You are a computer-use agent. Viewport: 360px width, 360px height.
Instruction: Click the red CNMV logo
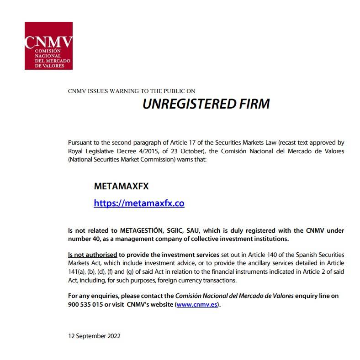48,46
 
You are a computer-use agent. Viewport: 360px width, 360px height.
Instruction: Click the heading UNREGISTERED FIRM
206,104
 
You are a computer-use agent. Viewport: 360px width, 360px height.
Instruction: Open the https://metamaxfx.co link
139,203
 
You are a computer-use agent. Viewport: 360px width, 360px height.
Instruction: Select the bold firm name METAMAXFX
121,187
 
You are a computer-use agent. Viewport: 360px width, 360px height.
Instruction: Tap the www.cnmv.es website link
197,304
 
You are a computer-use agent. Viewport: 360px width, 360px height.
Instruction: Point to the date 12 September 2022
94,336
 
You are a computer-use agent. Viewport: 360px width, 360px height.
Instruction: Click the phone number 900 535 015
85,304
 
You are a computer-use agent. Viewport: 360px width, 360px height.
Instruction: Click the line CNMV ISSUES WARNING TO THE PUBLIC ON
132,91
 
